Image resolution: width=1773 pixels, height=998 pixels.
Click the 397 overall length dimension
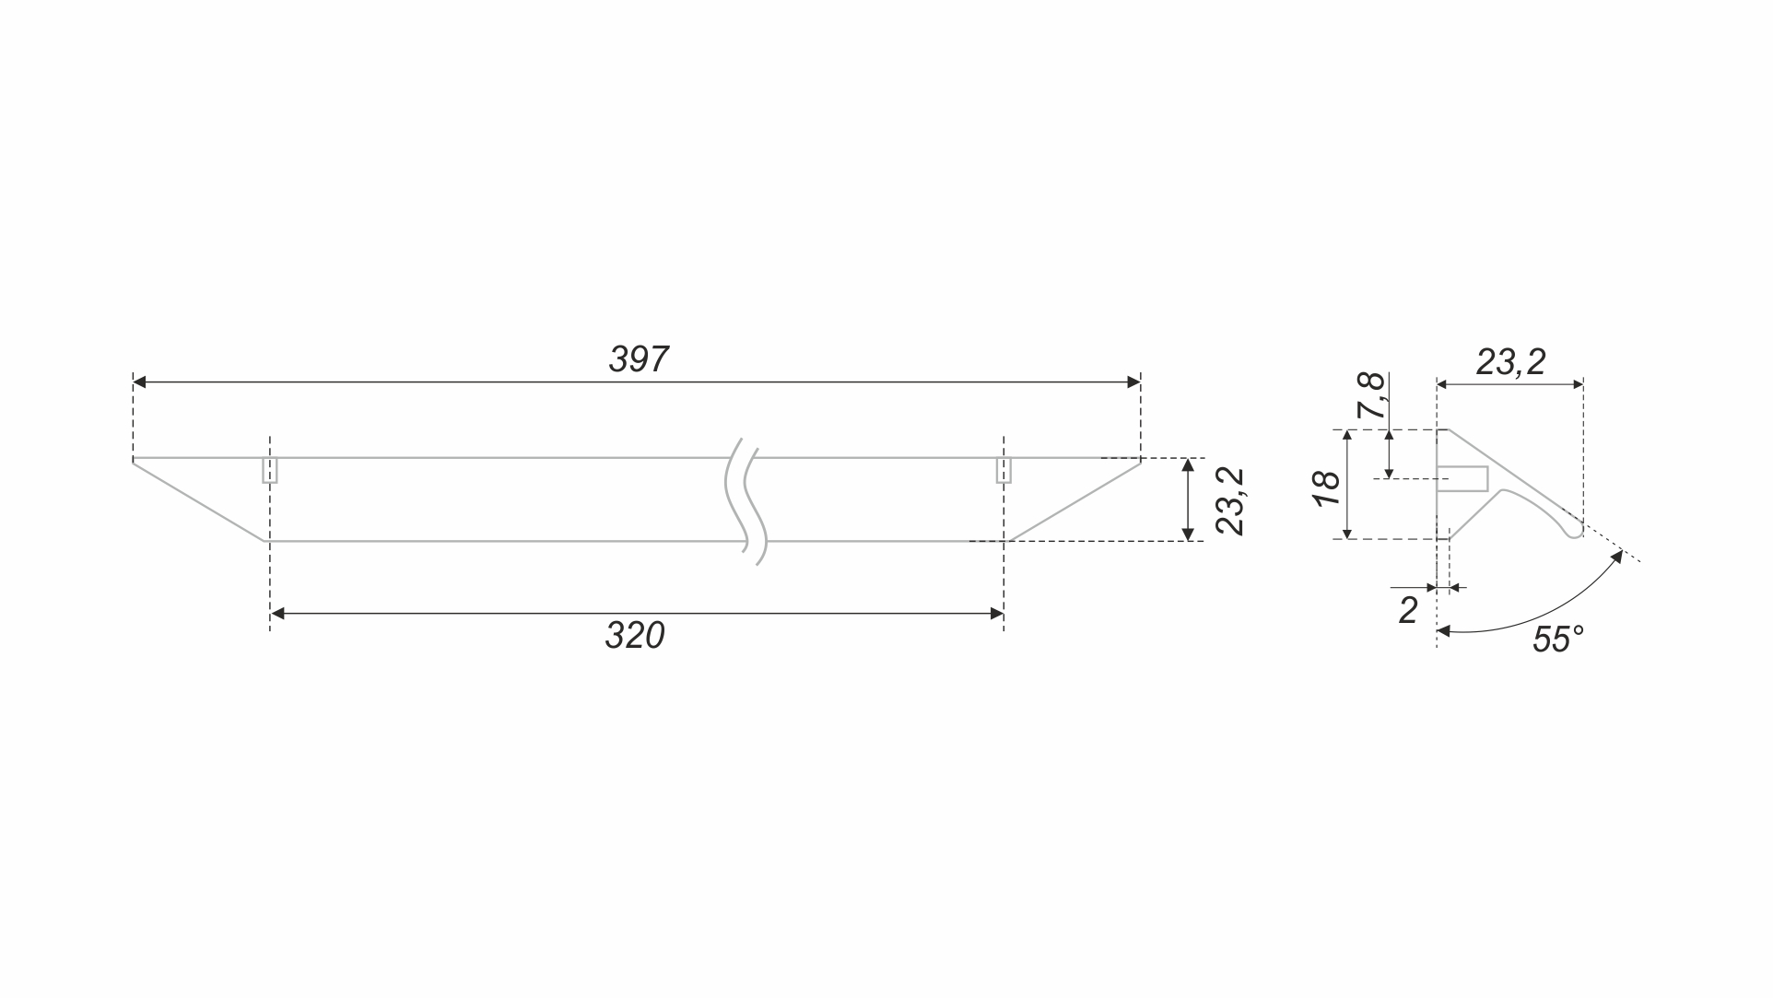click(639, 359)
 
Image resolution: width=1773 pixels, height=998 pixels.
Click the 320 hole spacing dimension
click(635, 636)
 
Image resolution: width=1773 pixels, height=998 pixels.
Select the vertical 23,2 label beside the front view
click(1229, 501)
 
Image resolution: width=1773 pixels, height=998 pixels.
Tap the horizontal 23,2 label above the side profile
click(1510, 362)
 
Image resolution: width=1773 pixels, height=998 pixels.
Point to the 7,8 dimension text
click(1373, 396)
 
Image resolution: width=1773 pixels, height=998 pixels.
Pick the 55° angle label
click(1558, 640)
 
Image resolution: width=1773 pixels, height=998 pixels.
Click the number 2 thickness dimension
click(1408, 610)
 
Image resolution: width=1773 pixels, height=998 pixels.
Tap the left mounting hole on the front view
click(270, 470)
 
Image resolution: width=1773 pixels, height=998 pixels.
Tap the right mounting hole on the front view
click(1004, 470)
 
